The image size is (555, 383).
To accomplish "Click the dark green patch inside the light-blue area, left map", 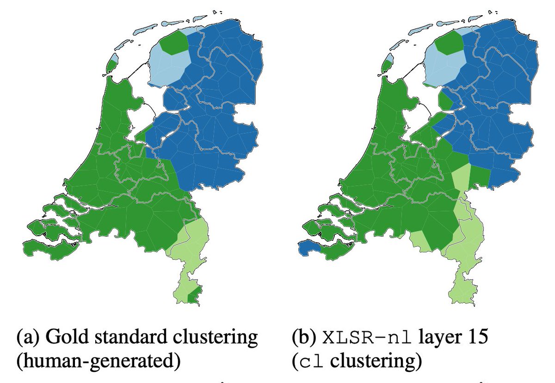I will coord(174,43).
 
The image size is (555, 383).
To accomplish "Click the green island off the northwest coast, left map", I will coord(111,63).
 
